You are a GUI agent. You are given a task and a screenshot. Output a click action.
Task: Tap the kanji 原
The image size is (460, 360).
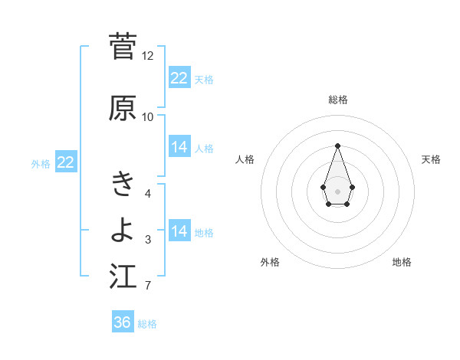(x=123, y=108)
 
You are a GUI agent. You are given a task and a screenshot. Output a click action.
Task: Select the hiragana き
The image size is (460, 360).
(x=123, y=185)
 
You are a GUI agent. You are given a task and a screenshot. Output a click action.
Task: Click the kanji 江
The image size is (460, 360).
(x=123, y=277)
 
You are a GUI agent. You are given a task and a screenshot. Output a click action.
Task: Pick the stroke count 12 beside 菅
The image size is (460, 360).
(x=148, y=56)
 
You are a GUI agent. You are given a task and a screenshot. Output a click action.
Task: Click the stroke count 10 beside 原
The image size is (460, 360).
(x=148, y=117)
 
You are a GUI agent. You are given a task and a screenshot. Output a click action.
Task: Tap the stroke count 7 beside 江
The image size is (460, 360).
(x=148, y=286)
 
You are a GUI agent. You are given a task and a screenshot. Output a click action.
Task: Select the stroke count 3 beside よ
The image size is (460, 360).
(x=148, y=241)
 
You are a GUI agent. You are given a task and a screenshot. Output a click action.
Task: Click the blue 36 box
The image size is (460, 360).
(x=123, y=322)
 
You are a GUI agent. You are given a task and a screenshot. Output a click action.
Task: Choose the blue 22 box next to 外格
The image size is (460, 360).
(x=66, y=162)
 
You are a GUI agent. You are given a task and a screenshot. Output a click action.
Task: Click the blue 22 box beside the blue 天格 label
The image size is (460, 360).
(x=179, y=78)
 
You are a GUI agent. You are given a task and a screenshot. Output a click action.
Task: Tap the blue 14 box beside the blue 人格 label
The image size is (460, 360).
(x=179, y=147)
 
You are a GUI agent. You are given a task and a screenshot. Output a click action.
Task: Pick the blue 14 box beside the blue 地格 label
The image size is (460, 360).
(x=179, y=231)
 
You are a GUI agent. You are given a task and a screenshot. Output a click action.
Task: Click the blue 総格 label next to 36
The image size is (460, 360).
(x=148, y=324)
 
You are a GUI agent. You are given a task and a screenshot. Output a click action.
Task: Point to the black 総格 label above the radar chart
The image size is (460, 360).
(x=338, y=100)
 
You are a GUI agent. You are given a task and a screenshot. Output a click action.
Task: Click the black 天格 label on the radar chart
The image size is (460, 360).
(x=432, y=159)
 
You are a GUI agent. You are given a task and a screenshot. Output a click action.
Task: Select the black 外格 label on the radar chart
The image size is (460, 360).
(x=270, y=262)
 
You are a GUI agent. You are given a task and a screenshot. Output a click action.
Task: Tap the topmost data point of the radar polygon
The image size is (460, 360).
(x=337, y=146)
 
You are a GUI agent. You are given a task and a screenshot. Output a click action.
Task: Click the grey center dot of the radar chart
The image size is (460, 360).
(x=337, y=191)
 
